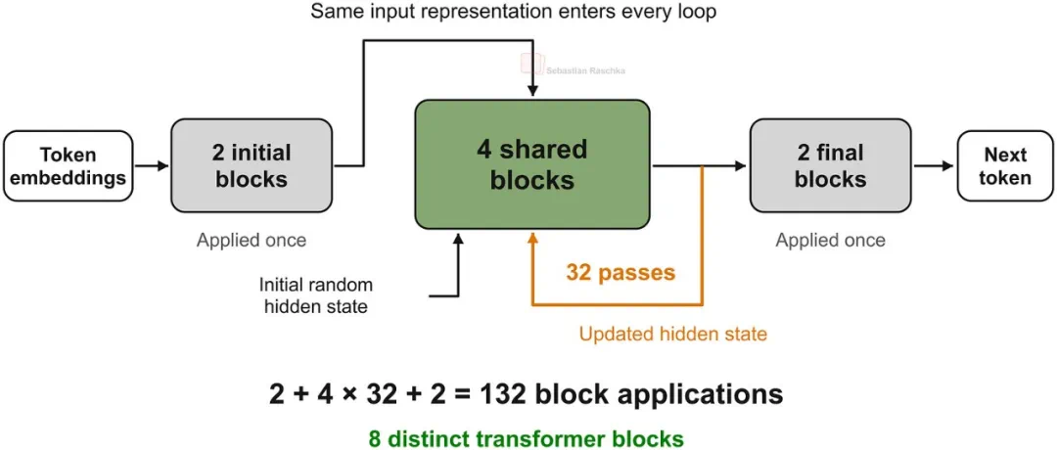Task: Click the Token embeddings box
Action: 69,165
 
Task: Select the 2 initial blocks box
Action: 252,166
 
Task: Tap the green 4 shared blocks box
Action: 531,165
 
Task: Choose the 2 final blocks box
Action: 831,166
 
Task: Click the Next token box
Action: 1005,165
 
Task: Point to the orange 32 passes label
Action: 620,272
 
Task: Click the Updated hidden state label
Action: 672,334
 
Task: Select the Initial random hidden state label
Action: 316,295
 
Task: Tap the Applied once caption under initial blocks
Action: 252,241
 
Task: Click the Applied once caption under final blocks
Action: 831,241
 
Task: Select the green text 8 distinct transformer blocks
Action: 526,438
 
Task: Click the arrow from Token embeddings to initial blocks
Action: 152,165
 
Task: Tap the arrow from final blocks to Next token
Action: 935,165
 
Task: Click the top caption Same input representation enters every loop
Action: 513,12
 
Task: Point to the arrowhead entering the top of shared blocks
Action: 532,92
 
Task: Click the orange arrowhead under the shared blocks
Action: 532,239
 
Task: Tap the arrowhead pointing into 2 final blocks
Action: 742,165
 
